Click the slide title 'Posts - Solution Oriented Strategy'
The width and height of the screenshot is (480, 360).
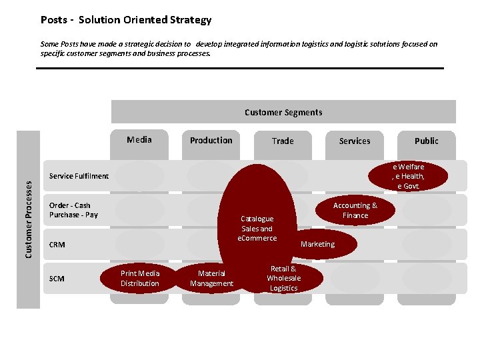click(x=125, y=20)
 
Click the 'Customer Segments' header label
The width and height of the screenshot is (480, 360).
click(x=283, y=113)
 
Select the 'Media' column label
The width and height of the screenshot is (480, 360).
click(x=139, y=139)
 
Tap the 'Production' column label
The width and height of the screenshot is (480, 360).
click(x=211, y=140)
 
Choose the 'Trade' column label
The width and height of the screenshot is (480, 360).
click(x=283, y=141)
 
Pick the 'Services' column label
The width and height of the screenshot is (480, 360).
click(x=355, y=141)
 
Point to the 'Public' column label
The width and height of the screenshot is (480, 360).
click(x=427, y=141)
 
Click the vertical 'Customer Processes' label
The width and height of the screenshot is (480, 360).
click(x=28, y=219)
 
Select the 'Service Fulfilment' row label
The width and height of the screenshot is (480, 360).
click(x=79, y=176)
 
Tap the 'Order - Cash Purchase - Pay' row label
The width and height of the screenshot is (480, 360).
click(x=73, y=210)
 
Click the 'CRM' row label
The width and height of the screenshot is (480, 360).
click(x=57, y=245)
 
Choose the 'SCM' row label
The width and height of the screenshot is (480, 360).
click(x=57, y=279)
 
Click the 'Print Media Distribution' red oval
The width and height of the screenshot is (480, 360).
click(x=140, y=279)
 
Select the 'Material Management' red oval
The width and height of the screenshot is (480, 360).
click(x=211, y=279)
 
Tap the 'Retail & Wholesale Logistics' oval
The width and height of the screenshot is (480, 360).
click(x=284, y=279)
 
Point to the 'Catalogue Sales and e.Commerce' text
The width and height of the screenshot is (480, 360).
click(x=257, y=229)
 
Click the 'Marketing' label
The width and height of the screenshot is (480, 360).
click(x=318, y=244)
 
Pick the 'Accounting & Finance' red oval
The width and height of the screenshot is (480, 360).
click(x=355, y=211)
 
